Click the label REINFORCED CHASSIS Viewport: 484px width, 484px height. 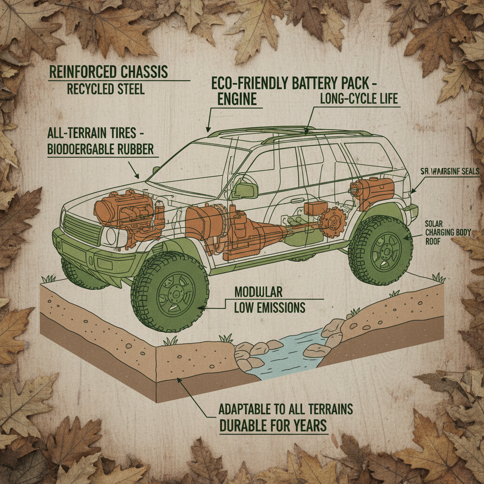(109, 72)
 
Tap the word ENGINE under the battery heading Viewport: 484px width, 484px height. (237, 99)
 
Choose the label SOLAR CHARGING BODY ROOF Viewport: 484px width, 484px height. (445, 232)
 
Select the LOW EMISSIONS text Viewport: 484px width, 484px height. (270, 308)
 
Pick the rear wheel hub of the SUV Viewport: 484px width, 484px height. (381, 251)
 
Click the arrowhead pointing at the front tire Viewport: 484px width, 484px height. (200, 308)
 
